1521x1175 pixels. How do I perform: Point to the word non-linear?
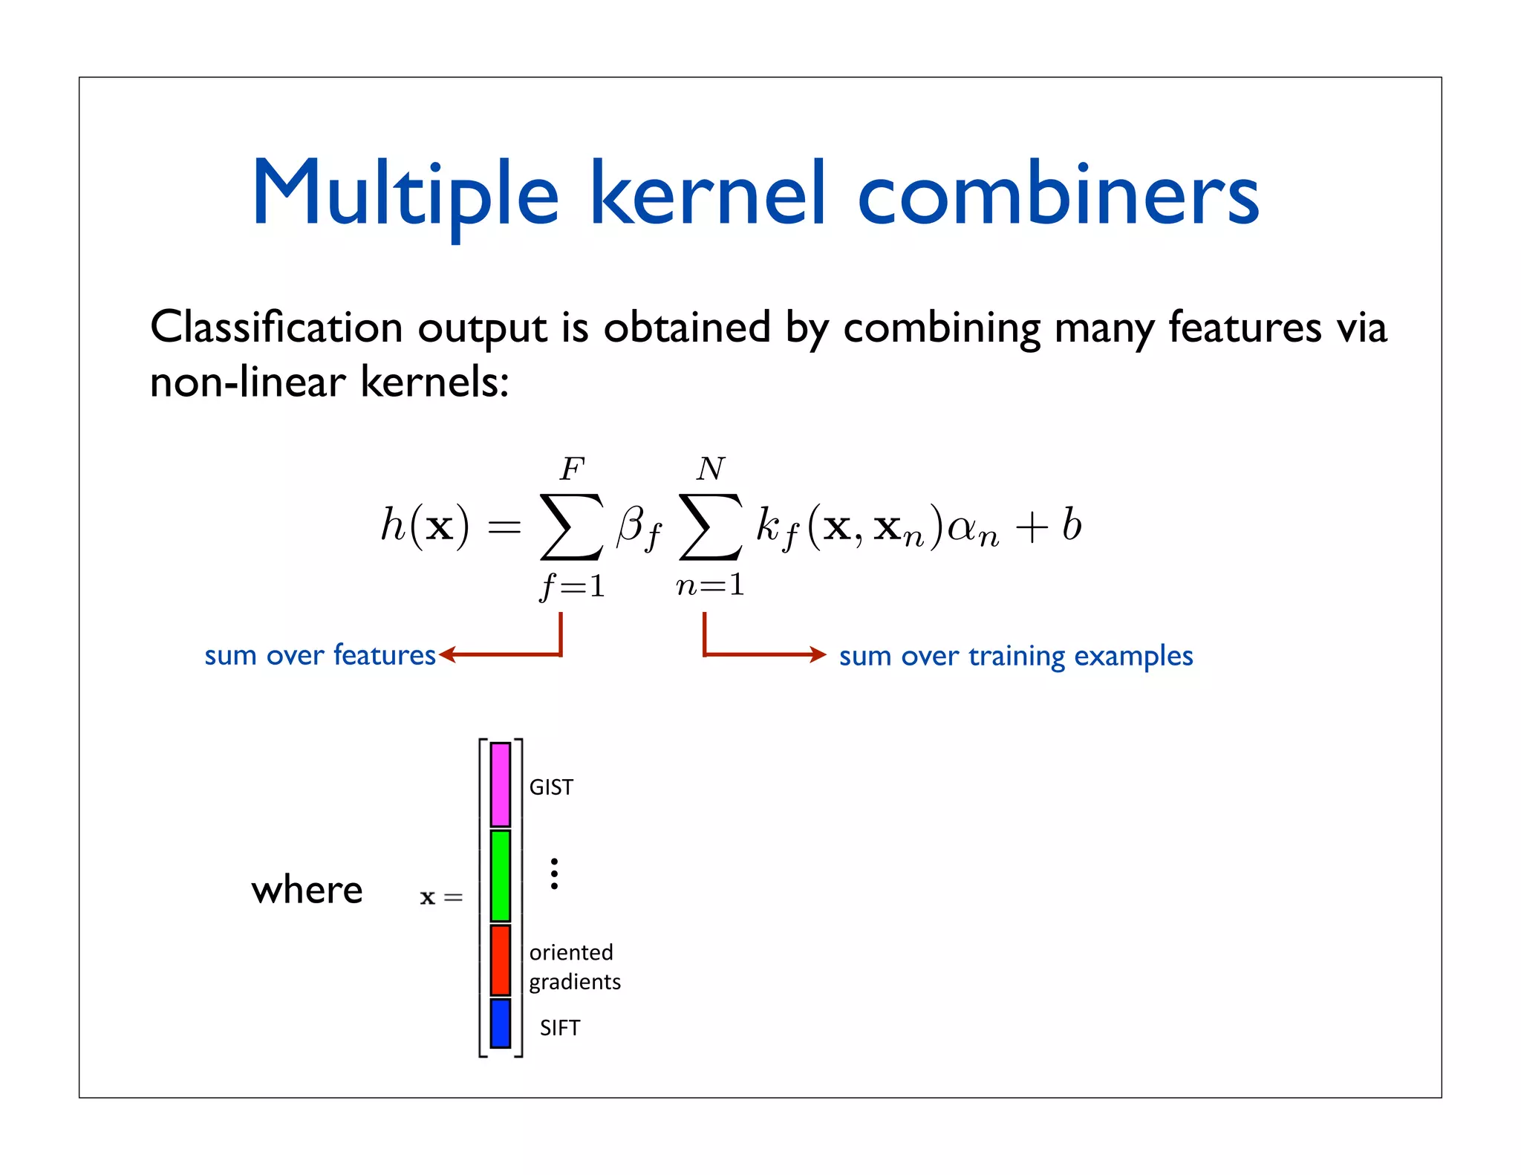[x=247, y=383]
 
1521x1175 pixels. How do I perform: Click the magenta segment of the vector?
[x=501, y=784]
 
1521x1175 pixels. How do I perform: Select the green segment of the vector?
[x=501, y=876]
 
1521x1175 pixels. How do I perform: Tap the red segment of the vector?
[x=501, y=960]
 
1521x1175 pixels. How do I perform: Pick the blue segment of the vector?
[x=501, y=1023]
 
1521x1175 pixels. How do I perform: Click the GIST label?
[x=551, y=787]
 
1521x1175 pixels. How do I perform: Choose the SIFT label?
[x=559, y=1028]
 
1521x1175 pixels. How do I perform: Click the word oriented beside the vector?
[x=571, y=952]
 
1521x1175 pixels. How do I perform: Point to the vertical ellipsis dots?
[x=554, y=873]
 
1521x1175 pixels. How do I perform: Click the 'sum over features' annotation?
[x=319, y=655]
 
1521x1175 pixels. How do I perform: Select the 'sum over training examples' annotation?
[x=1015, y=656]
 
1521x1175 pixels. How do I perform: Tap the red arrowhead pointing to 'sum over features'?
[x=446, y=654]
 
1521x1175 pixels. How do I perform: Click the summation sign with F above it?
[x=571, y=527]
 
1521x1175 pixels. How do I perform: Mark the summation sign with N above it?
[x=710, y=527]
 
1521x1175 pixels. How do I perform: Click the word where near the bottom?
[x=307, y=890]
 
